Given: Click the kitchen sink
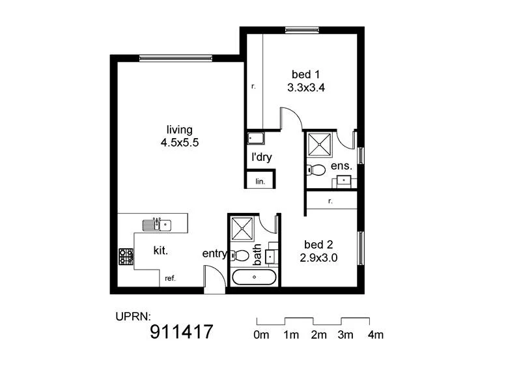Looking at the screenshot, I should click(156, 225).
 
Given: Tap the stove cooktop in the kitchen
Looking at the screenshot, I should click(126, 256).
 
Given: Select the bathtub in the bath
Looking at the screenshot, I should click(255, 277).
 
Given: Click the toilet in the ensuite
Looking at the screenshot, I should click(317, 170).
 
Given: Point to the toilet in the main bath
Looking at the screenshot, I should click(241, 255).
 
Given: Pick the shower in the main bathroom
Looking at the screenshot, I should click(242, 228).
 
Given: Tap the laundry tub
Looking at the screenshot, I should click(255, 139).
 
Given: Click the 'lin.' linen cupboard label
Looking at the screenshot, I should click(260, 180).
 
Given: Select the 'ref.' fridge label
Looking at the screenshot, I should click(171, 278).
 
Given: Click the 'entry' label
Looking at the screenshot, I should click(215, 254).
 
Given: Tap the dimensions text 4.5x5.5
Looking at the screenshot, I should click(178, 142).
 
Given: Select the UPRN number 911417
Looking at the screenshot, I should click(182, 332).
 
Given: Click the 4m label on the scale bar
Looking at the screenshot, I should click(375, 335).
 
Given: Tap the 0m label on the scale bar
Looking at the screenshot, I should click(261, 335).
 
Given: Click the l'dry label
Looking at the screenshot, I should click(262, 157).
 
